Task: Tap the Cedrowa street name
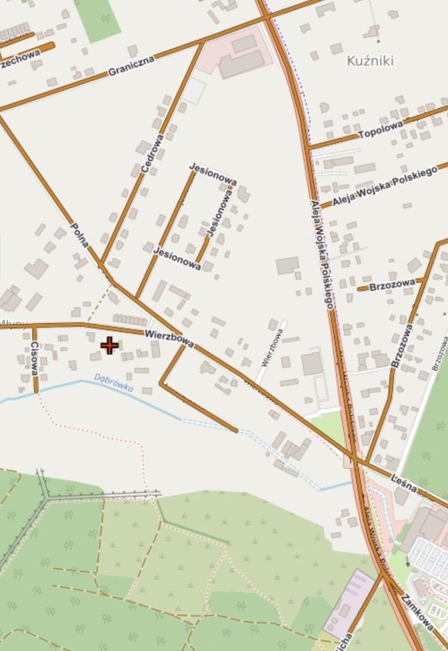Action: (x=151, y=154)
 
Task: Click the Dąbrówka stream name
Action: (x=113, y=383)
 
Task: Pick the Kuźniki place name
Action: (x=370, y=61)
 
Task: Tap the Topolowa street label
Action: (x=380, y=129)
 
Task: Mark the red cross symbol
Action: (x=109, y=346)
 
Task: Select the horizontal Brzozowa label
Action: (x=392, y=286)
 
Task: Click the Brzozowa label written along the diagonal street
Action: (x=402, y=346)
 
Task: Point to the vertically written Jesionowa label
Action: (x=220, y=213)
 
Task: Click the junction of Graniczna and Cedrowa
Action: (x=202, y=42)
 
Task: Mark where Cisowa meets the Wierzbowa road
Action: (x=34, y=326)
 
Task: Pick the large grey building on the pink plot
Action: (x=241, y=64)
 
